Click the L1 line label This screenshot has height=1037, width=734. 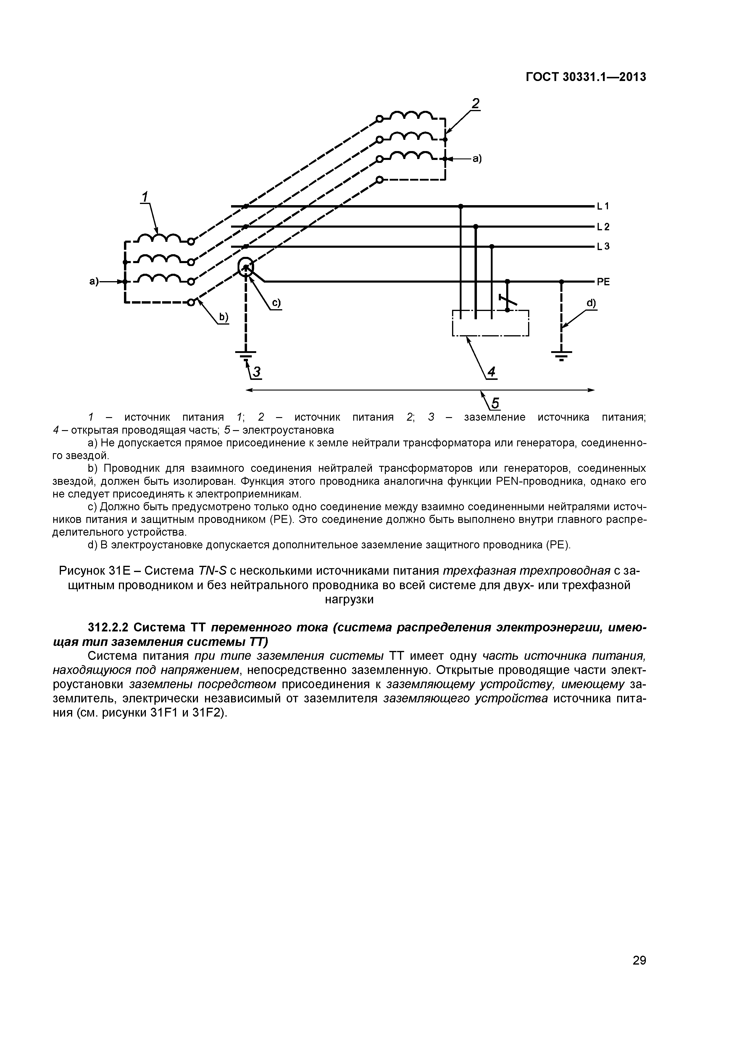click(x=603, y=206)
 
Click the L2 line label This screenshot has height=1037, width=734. click(x=603, y=227)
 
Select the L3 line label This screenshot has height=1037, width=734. click(x=603, y=247)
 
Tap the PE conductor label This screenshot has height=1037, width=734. click(x=603, y=282)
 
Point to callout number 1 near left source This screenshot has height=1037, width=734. click(x=145, y=197)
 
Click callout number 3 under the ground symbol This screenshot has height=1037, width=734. click(x=257, y=372)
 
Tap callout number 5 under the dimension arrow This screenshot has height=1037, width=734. click(x=495, y=402)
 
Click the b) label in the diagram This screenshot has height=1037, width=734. click(x=224, y=318)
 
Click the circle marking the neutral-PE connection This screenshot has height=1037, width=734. click(x=246, y=268)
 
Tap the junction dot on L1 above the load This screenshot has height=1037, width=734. click(x=461, y=206)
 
